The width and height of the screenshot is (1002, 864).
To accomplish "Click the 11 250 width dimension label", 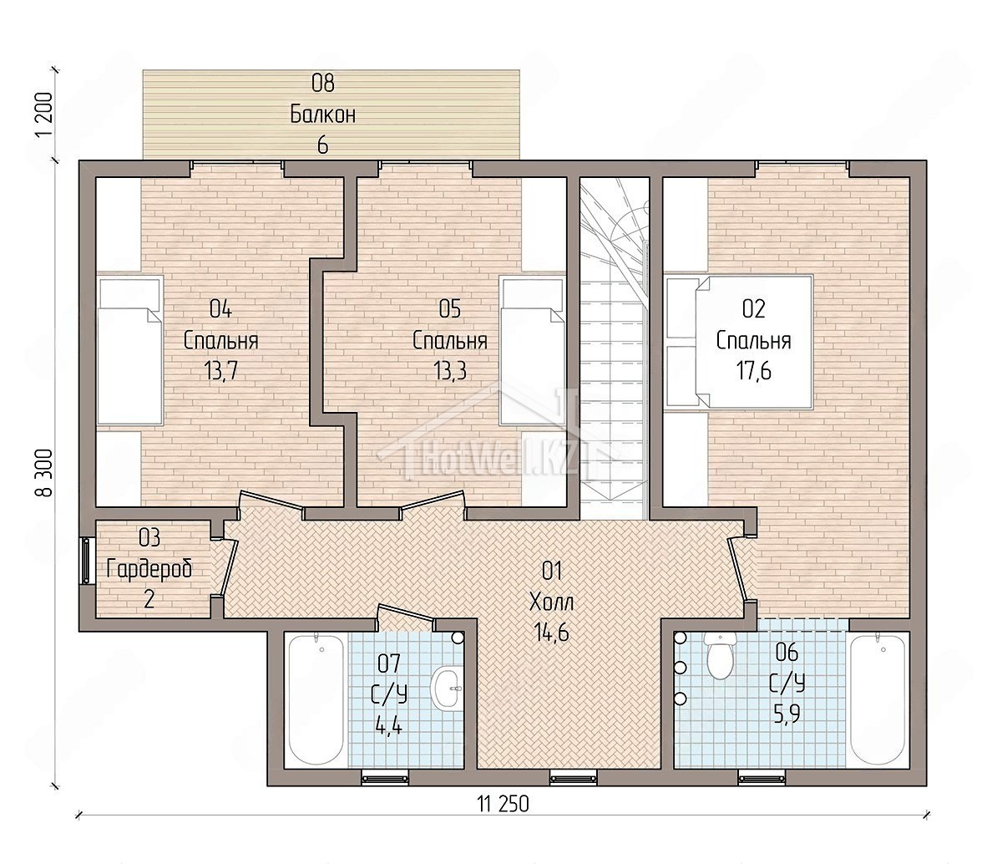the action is pyautogui.click(x=503, y=804).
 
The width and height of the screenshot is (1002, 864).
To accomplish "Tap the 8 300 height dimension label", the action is pyautogui.click(x=43, y=473).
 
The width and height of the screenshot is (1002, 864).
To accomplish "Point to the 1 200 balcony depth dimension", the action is pyautogui.click(x=43, y=114).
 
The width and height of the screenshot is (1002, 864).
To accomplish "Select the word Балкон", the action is pyautogui.click(x=323, y=115).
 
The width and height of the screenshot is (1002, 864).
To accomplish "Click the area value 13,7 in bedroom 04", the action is pyautogui.click(x=220, y=372).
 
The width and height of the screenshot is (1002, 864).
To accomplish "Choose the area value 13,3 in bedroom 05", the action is pyautogui.click(x=450, y=372).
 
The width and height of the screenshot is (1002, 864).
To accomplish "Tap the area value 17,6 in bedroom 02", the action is pyautogui.click(x=753, y=372).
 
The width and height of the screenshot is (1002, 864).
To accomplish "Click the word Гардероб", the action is pyautogui.click(x=149, y=569).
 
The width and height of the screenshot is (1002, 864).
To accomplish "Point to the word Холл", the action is pyautogui.click(x=552, y=602).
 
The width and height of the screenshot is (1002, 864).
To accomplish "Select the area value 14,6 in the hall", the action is pyautogui.click(x=552, y=633).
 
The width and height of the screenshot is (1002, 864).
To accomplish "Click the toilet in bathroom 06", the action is pyautogui.click(x=720, y=657).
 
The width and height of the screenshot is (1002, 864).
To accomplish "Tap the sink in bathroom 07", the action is pyautogui.click(x=448, y=688).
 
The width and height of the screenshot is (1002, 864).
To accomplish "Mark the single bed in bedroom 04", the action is pyautogui.click(x=130, y=351).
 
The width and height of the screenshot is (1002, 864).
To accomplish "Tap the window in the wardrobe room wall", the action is pyautogui.click(x=86, y=562).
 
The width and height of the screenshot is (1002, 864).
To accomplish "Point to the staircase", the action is pyautogui.click(x=615, y=343).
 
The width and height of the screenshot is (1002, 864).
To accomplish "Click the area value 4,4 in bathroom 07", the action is pyautogui.click(x=388, y=727).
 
